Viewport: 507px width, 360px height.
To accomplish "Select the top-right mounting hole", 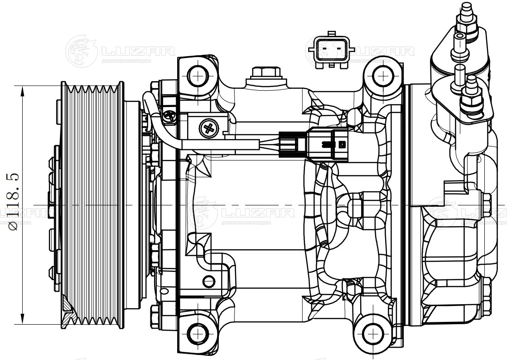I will click(383, 74).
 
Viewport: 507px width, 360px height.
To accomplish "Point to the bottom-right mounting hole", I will click(371, 334).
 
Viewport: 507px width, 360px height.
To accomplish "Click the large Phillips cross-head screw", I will click(209, 128).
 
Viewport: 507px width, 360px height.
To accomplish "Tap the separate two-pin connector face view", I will click(331, 48).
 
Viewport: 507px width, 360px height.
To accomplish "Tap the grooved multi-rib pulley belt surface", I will click(91, 204).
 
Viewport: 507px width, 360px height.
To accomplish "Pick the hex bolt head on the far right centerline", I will click(487, 205).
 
